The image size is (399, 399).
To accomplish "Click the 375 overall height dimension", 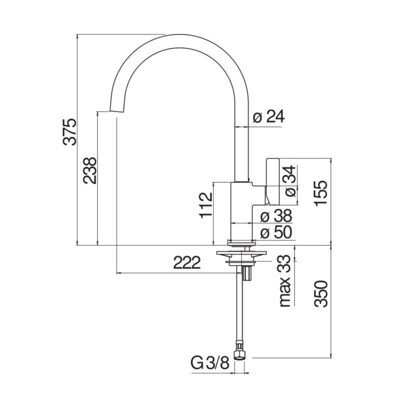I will pyautogui.click(x=70, y=132).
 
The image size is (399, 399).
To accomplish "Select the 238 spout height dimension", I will pyautogui.click(x=89, y=170).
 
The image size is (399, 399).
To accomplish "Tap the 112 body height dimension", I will pyautogui.click(x=206, y=205).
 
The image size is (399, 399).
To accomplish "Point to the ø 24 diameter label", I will pyautogui.click(x=269, y=117).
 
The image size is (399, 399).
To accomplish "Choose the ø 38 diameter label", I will pyautogui.click(x=275, y=217).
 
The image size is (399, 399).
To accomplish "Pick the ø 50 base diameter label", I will pyautogui.click(x=275, y=233).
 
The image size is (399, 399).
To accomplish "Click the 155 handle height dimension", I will pyautogui.click(x=320, y=193).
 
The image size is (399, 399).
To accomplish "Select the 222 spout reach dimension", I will pyautogui.click(x=187, y=263).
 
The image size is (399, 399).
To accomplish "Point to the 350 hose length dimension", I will pyautogui.click(x=320, y=293).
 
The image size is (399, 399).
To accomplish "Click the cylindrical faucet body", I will pyautogui.click(x=242, y=210).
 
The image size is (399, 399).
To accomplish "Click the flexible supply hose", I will pyautogui.click(x=239, y=312).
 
